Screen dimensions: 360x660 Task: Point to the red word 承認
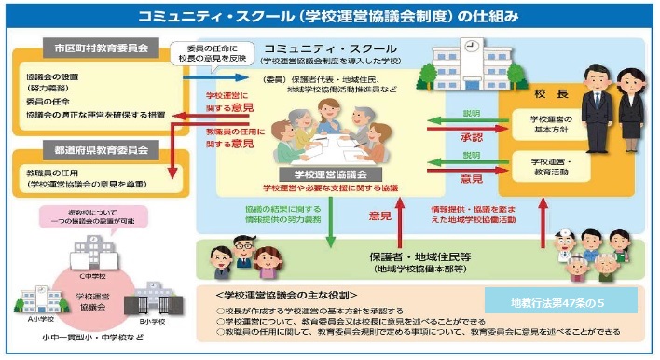point(471,136)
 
